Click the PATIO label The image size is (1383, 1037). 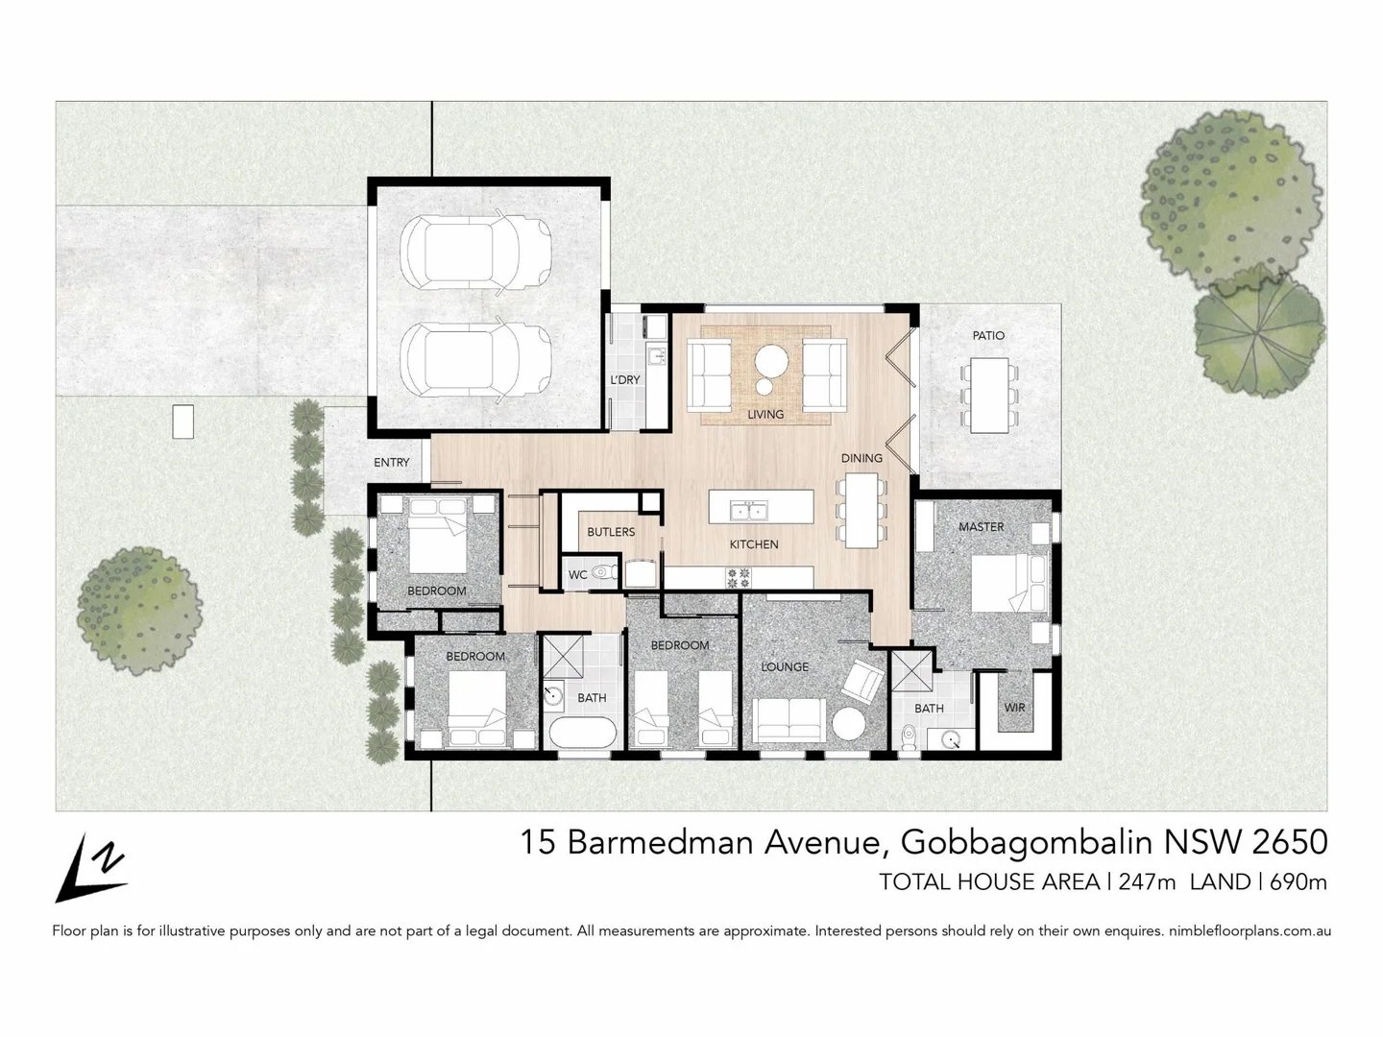pyautogui.click(x=988, y=336)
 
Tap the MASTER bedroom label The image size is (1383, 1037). pyautogui.click(x=981, y=527)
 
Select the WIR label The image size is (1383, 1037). pyautogui.click(x=1014, y=708)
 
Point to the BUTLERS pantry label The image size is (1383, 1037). pyautogui.click(x=611, y=532)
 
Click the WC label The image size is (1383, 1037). pyautogui.click(x=577, y=575)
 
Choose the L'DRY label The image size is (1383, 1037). pyautogui.click(x=624, y=380)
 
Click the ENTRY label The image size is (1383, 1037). pyautogui.click(x=391, y=463)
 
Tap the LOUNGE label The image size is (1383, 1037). pyautogui.click(x=785, y=667)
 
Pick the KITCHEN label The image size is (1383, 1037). pyautogui.click(x=754, y=544)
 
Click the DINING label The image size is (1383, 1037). pyautogui.click(x=861, y=458)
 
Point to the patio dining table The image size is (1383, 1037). pyautogui.click(x=988, y=395)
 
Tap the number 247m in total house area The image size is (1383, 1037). pyautogui.click(x=1147, y=881)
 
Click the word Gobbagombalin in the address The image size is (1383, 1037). pyautogui.click(x=1027, y=842)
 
